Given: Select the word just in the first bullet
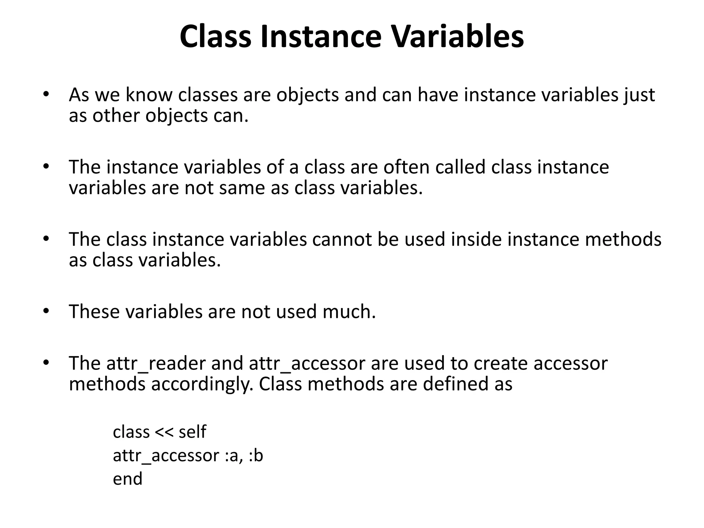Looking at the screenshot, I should coord(640,95).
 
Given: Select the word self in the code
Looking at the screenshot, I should coord(192,432).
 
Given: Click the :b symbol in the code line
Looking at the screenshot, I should coord(256,456).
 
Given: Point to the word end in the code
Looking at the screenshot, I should coord(128,479).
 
